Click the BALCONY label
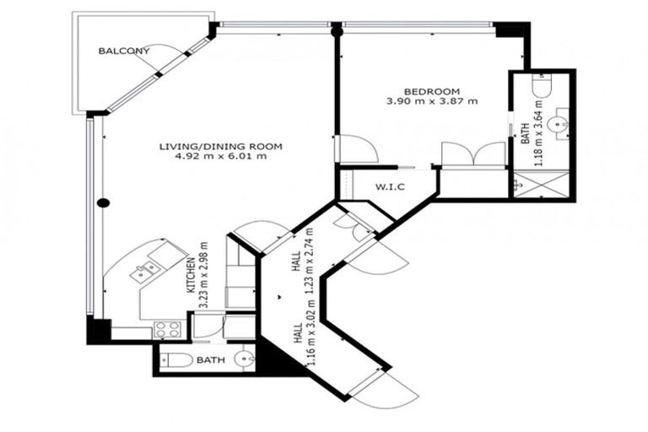[x=124, y=51]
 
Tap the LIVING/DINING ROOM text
[x=220, y=146]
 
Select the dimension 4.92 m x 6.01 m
[x=220, y=156]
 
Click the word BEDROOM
[x=431, y=91]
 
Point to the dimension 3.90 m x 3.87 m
[x=431, y=101]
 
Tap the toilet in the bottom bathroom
[x=178, y=361]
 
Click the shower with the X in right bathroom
[x=542, y=183]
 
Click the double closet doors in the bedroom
[x=473, y=155]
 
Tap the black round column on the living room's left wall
[x=102, y=202]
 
